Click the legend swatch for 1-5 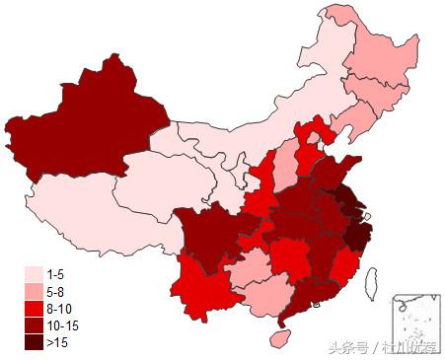point(34,272)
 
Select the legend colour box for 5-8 point(34,290)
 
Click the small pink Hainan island point(279,337)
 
